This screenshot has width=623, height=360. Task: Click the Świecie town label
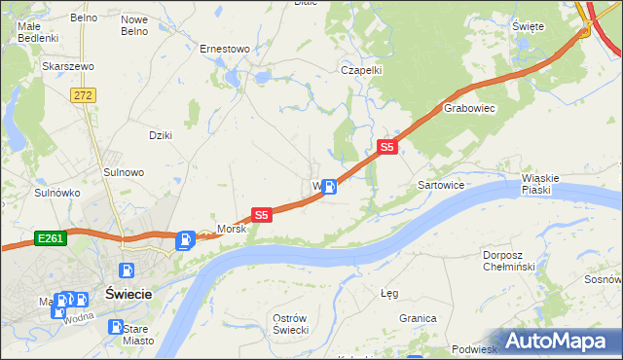tap(127, 296)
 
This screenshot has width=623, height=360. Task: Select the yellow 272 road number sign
tap(83, 94)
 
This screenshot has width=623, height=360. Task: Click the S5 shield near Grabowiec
tap(387, 147)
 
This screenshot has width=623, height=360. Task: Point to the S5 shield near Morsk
tap(261, 214)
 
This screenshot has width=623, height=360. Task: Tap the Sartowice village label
tap(440, 184)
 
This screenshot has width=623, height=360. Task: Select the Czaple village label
tap(360, 70)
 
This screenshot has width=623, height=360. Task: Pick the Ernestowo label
tap(225, 48)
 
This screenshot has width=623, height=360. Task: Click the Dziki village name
tap(160, 135)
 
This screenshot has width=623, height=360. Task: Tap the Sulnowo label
tap(124, 172)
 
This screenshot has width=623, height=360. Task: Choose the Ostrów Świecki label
tap(290, 324)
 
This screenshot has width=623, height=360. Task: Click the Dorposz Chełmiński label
tap(509, 261)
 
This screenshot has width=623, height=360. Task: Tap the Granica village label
tap(417, 318)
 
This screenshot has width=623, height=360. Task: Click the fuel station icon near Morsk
tap(184, 239)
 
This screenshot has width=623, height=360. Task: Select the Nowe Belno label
tap(134, 25)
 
